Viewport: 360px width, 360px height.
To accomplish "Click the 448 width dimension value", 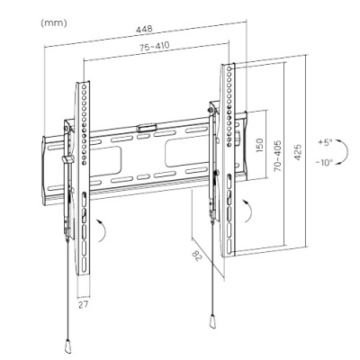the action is point(144,30).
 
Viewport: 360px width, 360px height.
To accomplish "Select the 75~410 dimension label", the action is point(154,47).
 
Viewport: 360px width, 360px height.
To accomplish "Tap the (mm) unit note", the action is point(54,23).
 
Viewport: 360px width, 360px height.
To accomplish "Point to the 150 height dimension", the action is point(259,145).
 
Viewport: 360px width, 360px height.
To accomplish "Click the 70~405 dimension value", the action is point(278,156).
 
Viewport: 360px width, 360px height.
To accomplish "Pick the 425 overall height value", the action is point(297,152).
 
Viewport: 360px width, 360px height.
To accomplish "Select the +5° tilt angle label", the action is point(326,142).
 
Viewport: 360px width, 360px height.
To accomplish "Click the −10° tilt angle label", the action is point(324,163).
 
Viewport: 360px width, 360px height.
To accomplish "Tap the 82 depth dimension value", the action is point(197,256).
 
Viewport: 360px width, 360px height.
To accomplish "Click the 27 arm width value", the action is point(84,304).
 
